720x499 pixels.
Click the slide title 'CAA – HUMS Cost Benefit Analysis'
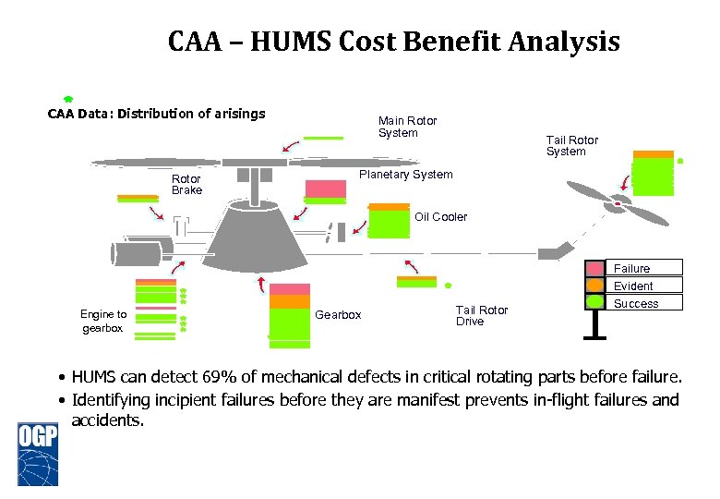pos(394,43)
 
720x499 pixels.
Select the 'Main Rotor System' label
pos(407,127)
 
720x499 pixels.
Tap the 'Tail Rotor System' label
pos(571,146)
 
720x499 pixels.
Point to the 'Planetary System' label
pos(405,175)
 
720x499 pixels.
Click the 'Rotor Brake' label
pos(186,184)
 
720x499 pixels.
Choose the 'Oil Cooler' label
pos(440,217)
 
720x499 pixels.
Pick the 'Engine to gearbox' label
pos(103,322)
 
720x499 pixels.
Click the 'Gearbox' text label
pos(338,315)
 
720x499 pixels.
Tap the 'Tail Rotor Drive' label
pos(481,315)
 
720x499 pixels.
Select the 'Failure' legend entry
pos(632,268)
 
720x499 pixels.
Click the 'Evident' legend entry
pos(633,286)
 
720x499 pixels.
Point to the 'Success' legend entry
pos(636,303)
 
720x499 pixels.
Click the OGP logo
pos(38,452)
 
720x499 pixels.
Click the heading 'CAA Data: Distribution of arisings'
pos(157,115)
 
